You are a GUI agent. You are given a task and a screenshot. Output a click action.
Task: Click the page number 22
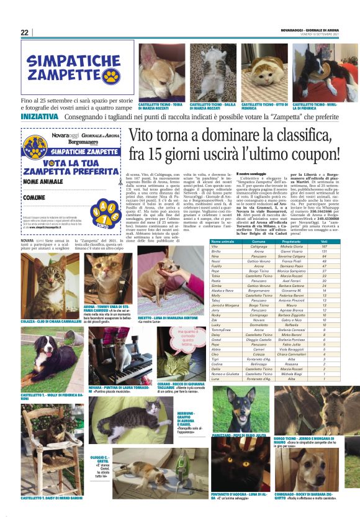point(25,32)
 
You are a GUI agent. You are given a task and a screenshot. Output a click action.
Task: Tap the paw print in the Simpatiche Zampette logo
point(111,76)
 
